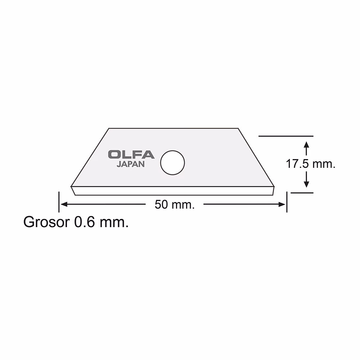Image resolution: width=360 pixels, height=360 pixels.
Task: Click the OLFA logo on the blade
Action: point(131,154)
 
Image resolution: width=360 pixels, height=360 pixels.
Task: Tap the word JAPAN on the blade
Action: point(131,165)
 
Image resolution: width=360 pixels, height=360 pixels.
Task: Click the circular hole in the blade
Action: point(172,163)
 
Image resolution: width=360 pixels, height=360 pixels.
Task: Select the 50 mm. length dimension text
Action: point(175,204)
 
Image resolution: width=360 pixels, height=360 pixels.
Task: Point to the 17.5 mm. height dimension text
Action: point(310,164)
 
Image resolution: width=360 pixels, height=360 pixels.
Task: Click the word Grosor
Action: point(46,222)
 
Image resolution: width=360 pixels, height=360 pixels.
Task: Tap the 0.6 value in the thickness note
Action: point(84,222)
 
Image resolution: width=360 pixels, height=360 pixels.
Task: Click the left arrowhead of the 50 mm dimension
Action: point(64,204)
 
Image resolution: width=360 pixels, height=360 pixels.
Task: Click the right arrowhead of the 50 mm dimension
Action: point(282,204)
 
